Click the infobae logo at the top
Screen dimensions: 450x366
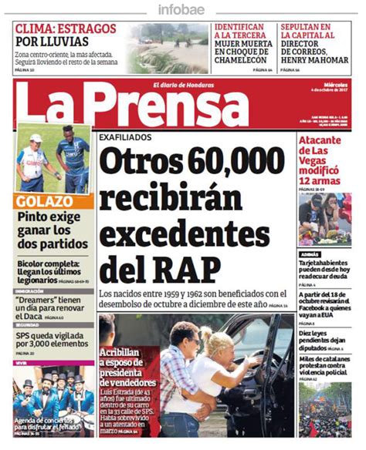182,9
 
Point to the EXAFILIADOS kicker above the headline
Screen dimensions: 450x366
126,137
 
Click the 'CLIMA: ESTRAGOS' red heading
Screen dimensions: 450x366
66,29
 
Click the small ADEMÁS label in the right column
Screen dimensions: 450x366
311,254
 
